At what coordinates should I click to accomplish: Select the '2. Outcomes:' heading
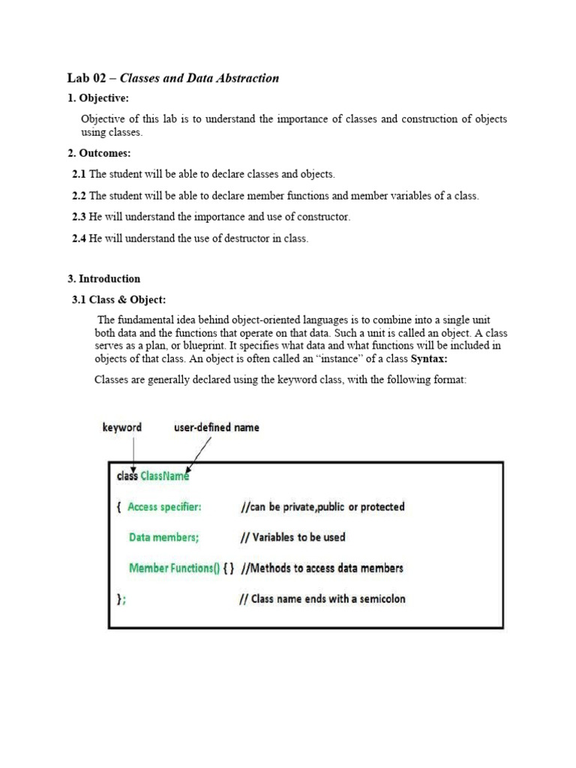click(x=99, y=153)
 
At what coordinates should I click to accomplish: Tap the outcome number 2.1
click(x=79, y=174)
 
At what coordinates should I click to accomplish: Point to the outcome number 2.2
click(x=79, y=196)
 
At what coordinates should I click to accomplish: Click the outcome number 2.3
click(x=79, y=217)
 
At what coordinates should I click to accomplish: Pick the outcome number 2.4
click(x=79, y=239)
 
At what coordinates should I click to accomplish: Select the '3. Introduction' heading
click(x=103, y=279)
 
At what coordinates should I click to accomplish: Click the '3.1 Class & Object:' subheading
click(x=118, y=300)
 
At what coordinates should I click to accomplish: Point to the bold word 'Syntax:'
click(x=430, y=358)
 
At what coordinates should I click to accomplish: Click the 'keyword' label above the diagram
click(x=122, y=427)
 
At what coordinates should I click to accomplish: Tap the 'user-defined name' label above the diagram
click(x=217, y=427)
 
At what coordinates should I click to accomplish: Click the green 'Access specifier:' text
click(x=164, y=507)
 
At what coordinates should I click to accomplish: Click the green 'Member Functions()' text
click(x=175, y=568)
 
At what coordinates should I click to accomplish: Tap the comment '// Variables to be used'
click(x=292, y=538)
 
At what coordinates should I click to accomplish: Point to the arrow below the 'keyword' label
click(x=133, y=453)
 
